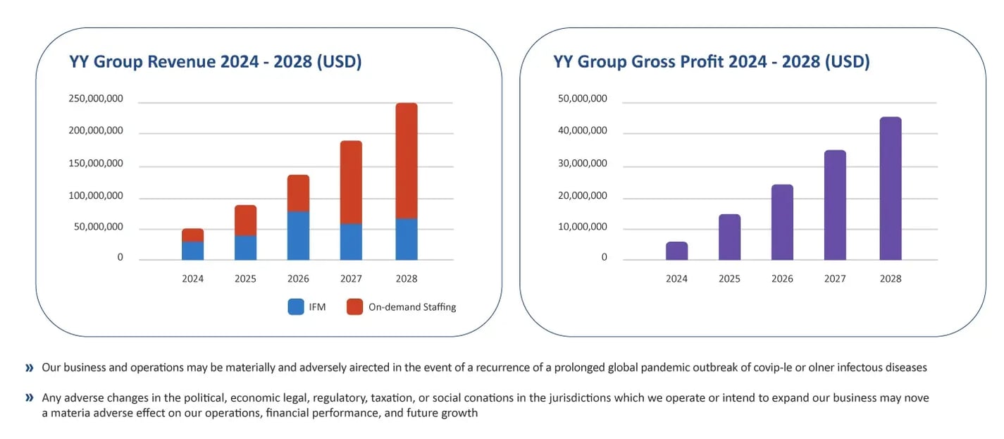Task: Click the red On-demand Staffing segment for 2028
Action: [x=407, y=161]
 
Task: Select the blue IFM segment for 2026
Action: [x=298, y=235]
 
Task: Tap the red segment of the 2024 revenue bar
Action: [x=192, y=235]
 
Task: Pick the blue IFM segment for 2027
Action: [x=351, y=242]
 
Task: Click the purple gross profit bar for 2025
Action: [x=729, y=237]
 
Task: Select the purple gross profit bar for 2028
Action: [x=890, y=188]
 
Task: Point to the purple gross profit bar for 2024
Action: [x=676, y=251]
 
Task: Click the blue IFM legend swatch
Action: [x=296, y=307]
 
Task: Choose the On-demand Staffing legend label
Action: [x=412, y=307]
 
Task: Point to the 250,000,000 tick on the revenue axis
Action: [x=96, y=99]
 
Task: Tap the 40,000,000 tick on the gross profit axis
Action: [x=582, y=131]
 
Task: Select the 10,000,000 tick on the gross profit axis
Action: [x=582, y=228]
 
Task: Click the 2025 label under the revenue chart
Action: [x=245, y=279]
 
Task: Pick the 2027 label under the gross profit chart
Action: [x=835, y=279]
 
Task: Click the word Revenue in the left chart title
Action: [x=181, y=62]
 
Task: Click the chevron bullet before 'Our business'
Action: [x=29, y=368]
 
